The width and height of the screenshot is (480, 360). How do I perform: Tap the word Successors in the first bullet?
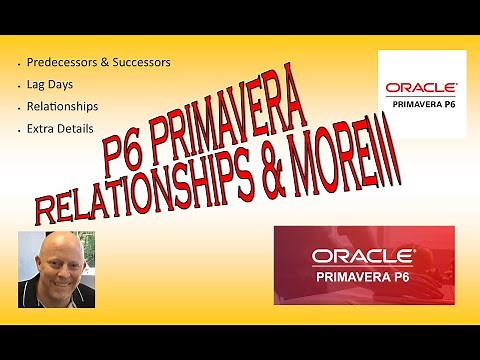point(140,62)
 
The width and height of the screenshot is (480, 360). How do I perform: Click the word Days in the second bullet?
point(64,85)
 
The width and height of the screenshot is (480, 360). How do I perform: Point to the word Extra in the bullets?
point(44,130)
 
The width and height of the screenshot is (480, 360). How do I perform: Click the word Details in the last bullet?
point(79,130)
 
